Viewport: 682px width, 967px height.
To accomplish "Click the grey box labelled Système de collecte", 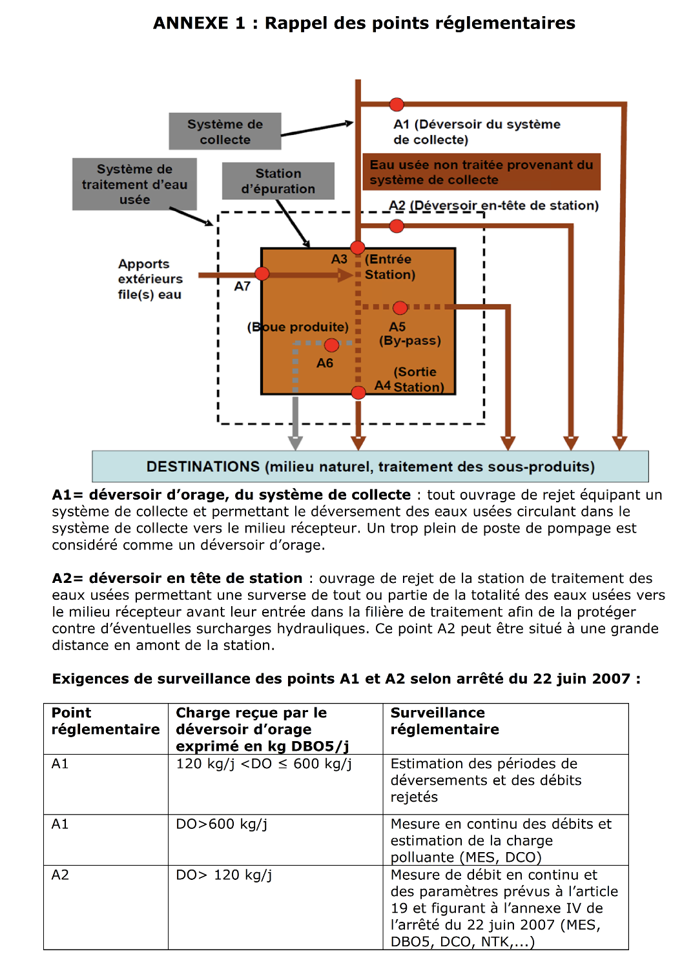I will point(225,132).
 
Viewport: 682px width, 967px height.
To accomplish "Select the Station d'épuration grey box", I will point(278,181).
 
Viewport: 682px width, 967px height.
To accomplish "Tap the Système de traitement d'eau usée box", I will point(134,185).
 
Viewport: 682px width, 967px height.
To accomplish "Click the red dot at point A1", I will point(397,105).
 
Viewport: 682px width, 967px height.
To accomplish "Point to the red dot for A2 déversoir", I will point(397,226).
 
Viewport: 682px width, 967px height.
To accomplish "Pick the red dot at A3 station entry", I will point(358,248).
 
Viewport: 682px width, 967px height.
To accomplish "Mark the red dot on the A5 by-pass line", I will point(400,308).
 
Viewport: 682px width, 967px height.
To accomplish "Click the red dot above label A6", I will point(331,345).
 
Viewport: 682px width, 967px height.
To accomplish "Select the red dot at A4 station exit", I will point(358,392).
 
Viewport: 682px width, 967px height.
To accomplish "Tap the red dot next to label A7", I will point(262,274).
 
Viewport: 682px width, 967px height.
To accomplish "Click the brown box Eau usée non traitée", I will point(481,172).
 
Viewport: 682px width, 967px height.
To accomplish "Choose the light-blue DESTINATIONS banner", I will point(370,467).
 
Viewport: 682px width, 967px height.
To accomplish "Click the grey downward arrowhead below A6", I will point(295,443).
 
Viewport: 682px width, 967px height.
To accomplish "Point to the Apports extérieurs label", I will point(150,279).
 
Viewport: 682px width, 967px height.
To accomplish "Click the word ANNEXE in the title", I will point(191,23).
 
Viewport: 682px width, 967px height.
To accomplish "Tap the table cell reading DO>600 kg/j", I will point(222,824).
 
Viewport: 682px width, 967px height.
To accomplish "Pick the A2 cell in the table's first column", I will point(60,875).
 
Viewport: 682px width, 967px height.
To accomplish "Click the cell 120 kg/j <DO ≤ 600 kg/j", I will point(263,764).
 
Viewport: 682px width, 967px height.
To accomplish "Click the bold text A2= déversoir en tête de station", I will point(177,578).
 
